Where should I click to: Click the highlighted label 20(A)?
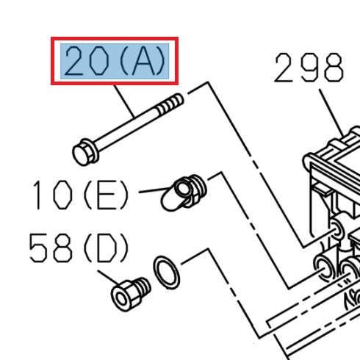[x=117, y=62]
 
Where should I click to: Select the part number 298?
[x=309, y=70]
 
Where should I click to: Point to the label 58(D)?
[x=79, y=249]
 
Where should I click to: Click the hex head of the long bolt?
[x=82, y=154]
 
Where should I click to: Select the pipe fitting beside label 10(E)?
[x=188, y=192]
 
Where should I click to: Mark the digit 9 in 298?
[x=309, y=70]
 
